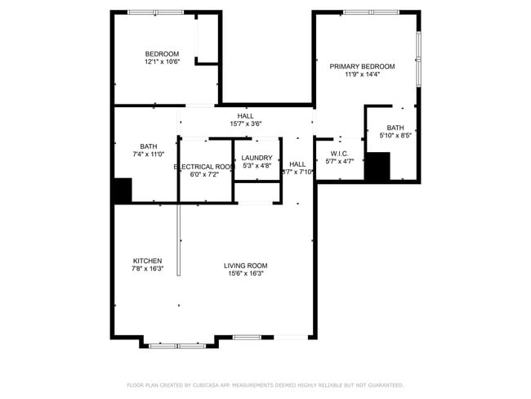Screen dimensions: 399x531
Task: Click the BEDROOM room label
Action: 162,54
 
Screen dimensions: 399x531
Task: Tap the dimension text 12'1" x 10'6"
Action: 162,62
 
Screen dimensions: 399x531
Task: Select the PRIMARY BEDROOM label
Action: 362,66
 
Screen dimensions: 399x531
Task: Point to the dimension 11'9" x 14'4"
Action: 362,74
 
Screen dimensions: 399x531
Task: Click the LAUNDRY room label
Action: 257,158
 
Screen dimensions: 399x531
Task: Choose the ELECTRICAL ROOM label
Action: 205,166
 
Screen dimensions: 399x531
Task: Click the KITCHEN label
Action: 147,261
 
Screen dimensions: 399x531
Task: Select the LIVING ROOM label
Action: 246,265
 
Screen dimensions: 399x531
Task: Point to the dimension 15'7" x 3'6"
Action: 246,124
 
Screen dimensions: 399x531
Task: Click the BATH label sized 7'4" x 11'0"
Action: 148,146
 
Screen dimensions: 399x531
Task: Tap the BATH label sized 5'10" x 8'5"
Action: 395,128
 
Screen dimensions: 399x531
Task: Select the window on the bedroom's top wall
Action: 155,12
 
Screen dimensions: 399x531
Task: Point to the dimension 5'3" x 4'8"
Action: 257,166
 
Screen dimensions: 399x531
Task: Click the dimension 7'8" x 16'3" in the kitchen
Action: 147,269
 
